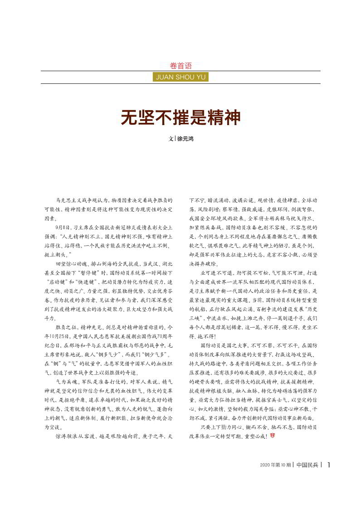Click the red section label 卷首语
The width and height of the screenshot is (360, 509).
(180, 65)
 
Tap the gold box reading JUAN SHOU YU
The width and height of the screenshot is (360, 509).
(180, 77)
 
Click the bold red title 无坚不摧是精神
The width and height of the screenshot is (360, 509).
(180, 117)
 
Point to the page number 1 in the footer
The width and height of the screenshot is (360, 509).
(328, 464)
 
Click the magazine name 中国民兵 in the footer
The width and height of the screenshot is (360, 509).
(307, 465)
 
